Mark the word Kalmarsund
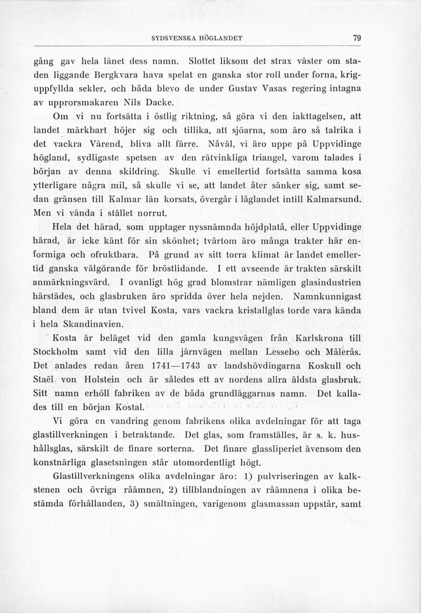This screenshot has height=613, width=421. click(x=334, y=201)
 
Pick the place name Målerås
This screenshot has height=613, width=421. click(x=340, y=352)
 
